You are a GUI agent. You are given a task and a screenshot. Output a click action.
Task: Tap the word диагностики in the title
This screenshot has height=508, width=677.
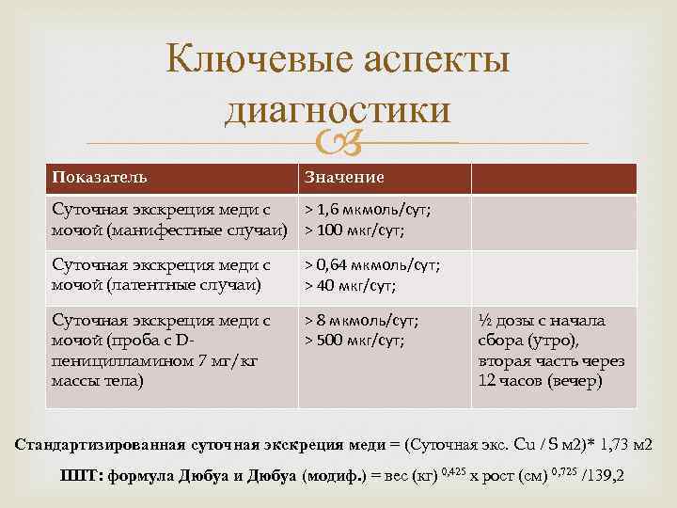(x=338, y=110)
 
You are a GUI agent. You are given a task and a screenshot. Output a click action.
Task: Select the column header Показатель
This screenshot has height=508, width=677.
(x=100, y=178)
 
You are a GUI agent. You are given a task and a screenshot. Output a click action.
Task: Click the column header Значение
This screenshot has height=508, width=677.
(x=343, y=178)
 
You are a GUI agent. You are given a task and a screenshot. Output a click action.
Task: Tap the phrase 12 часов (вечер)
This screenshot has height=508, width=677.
(x=542, y=381)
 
